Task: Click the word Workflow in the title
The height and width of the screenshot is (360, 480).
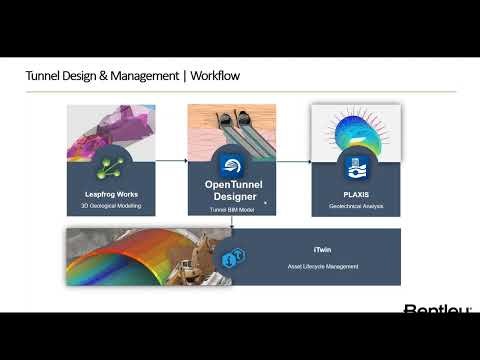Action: point(213,76)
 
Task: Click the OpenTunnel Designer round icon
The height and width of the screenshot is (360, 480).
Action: point(232,165)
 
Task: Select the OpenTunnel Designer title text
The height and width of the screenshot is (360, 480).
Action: point(232,190)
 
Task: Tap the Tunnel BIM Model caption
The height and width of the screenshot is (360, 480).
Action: point(232,209)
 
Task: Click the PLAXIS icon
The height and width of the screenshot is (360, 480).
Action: point(356,166)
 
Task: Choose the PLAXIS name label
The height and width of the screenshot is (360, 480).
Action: point(356,194)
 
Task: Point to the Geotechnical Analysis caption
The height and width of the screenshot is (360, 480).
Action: point(356,206)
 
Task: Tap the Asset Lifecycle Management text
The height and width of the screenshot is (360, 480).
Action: point(349,266)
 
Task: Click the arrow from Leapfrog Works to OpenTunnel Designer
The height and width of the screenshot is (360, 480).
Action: point(171,159)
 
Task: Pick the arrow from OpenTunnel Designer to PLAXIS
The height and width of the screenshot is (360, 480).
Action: point(294,160)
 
